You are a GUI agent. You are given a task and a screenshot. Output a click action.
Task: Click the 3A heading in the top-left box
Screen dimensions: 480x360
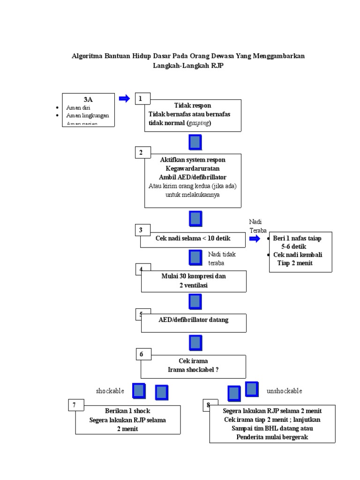[x=88, y=99]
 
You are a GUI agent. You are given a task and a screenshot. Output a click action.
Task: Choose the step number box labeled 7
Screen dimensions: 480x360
[x=76, y=405]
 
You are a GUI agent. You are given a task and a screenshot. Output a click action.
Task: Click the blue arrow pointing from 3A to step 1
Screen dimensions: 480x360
[x=124, y=98]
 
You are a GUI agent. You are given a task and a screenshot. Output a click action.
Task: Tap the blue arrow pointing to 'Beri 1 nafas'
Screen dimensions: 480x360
[x=255, y=239]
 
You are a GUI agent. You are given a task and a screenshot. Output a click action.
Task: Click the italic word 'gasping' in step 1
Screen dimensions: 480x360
[x=199, y=123]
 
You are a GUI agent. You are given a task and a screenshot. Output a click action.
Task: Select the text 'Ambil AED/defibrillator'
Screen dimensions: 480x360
[x=193, y=177]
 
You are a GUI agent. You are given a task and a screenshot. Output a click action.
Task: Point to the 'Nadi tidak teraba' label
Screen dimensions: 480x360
[x=222, y=258]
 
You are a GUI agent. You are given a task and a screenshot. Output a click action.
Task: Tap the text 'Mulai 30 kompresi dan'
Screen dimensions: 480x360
[x=193, y=276]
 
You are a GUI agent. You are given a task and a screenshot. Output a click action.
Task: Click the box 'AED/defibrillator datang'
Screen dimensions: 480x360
[x=193, y=320]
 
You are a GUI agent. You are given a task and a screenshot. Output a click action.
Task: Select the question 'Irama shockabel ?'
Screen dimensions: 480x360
[x=193, y=370]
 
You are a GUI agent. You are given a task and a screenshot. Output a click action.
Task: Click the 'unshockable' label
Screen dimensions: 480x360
[x=284, y=391]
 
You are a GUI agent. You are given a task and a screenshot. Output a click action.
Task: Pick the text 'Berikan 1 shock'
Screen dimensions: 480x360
[x=127, y=411]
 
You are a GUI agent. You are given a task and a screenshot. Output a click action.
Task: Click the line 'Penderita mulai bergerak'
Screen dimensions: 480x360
[x=272, y=437]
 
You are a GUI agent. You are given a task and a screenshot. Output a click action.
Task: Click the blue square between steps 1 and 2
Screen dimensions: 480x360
[x=195, y=142]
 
